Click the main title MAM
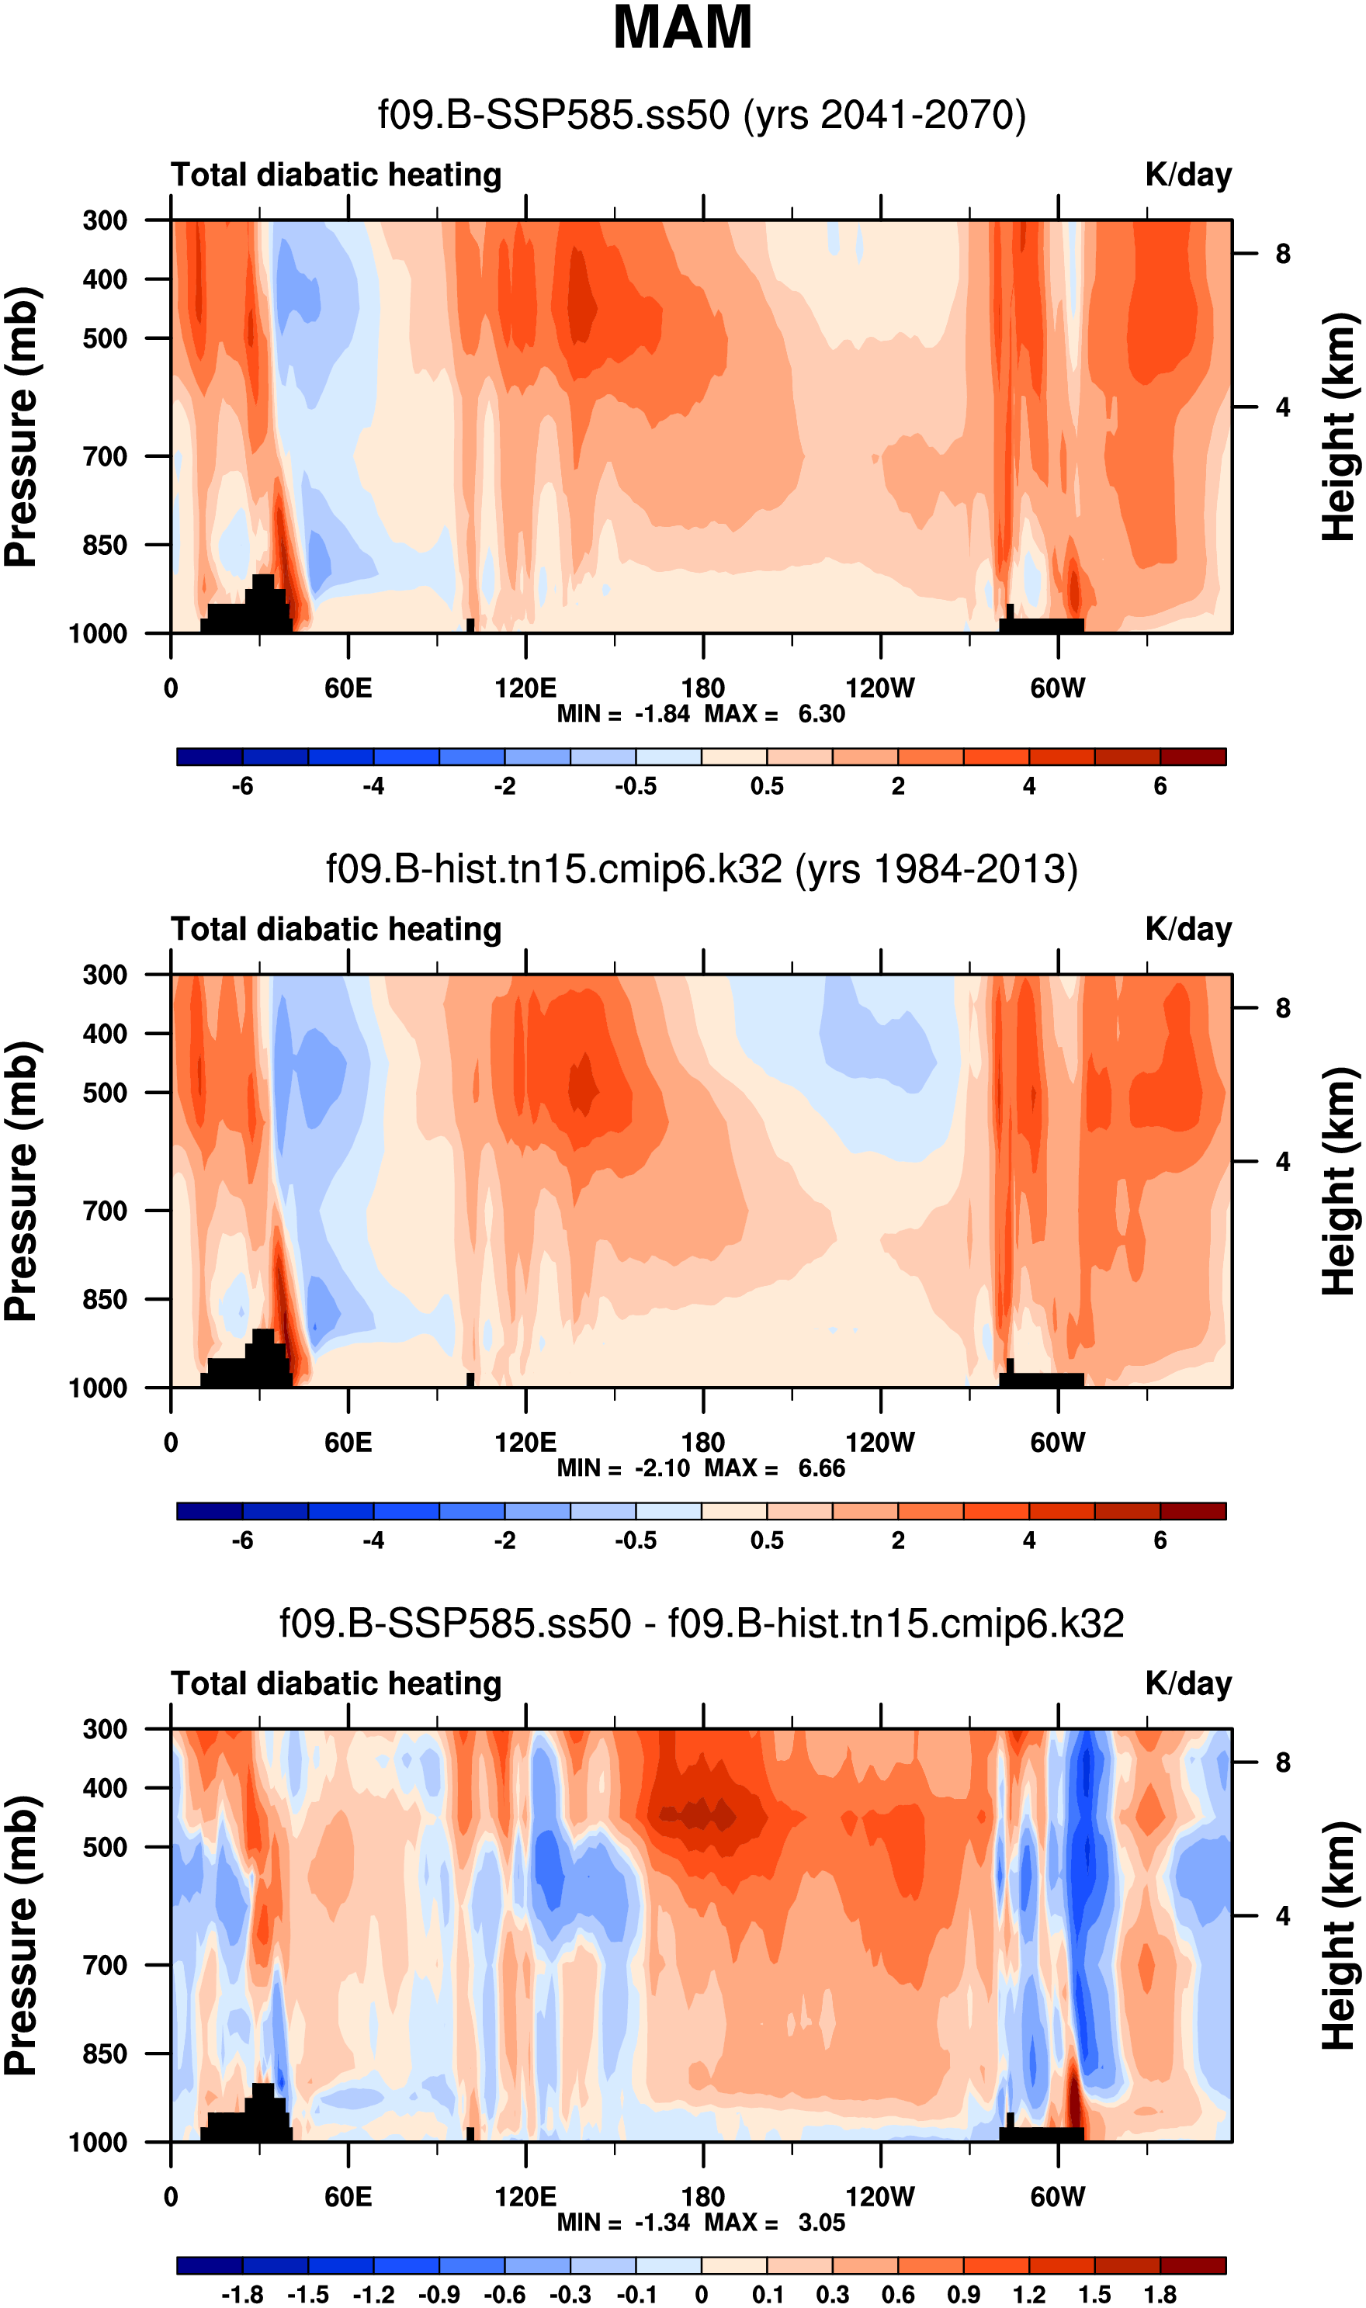(682, 28)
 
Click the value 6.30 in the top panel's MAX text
(820, 714)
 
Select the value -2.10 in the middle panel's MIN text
(662, 1468)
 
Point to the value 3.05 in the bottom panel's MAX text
(820, 2223)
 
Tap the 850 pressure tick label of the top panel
(105, 545)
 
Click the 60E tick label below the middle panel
(348, 1442)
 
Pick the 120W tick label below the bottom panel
(880, 2197)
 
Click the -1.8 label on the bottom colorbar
(242, 2294)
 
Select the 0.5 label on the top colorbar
(767, 786)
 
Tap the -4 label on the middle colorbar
(373, 1540)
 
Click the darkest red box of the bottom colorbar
(1193, 2265)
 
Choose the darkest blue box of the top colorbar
(210, 757)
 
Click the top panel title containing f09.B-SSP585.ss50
(702, 115)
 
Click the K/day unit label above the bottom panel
(1187, 1683)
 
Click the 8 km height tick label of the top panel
(1282, 254)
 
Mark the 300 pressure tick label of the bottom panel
(105, 1729)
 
